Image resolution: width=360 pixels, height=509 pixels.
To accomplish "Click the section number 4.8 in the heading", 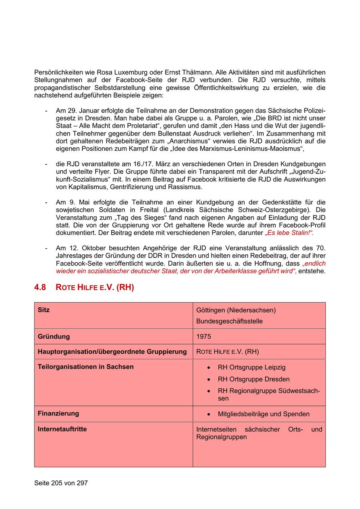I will coord(40,287).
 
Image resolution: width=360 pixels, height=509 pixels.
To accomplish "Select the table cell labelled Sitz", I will coord(44,310).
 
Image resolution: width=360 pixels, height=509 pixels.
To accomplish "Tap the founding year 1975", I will coord(204,337).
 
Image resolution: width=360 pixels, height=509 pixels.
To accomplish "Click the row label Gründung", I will coord(54,337).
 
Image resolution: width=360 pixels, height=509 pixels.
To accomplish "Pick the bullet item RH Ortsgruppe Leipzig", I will coord(252,367).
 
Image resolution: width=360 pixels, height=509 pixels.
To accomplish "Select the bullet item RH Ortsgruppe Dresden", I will coord(254,379).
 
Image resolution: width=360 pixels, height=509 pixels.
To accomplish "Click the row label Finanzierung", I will coord(58,413).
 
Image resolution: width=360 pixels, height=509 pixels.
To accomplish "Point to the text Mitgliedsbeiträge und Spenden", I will coord(264,414).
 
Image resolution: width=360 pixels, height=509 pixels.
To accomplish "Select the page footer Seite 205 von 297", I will coord(61,483).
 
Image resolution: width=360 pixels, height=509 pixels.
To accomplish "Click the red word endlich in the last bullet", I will coord(314,264).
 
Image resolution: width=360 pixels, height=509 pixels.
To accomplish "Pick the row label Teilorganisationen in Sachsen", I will coord(86,367).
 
